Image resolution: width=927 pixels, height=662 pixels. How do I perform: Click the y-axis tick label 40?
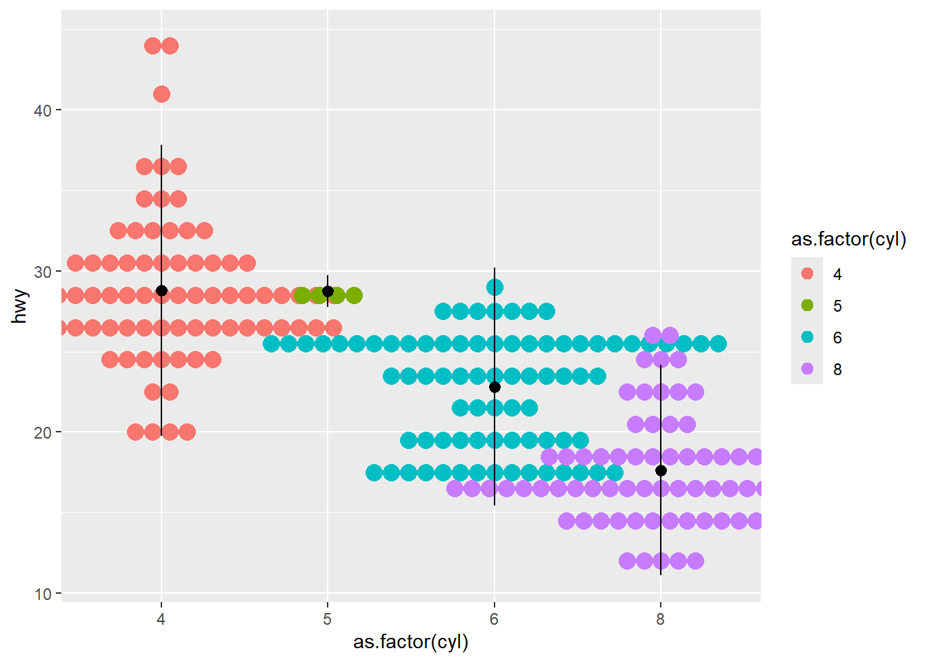(x=42, y=110)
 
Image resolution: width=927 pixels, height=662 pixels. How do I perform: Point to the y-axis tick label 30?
(x=42, y=272)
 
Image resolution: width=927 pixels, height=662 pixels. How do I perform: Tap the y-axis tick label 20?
(x=42, y=432)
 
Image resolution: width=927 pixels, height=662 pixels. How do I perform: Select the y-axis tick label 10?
(x=42, y=594)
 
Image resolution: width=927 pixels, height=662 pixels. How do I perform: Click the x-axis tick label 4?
(x=161, y=619)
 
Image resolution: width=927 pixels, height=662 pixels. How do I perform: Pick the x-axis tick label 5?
(x=328, y=619)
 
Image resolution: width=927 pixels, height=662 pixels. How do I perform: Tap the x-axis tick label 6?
(x=495, y=619)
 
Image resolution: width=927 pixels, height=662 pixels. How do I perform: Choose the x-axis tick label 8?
(x=661, y=619)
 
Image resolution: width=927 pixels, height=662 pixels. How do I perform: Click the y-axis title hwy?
(x=20, y=306)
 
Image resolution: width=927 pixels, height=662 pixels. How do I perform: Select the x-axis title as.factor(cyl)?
(x=411, y=642)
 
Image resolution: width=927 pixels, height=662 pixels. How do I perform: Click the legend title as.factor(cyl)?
(x=848, y=239)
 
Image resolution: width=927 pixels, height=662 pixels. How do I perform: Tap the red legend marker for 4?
(x=807, y=274)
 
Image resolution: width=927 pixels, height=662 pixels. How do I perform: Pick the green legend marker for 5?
(x=807, y=305)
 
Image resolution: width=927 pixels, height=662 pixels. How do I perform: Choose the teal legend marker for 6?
(x=807, y=337)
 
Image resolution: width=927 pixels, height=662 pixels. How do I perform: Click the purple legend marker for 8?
(x=807, y=369)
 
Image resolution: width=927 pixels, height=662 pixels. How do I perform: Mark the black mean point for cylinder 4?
(x=161, y=291)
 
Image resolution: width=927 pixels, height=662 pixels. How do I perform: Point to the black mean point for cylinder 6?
(x=495, y=388)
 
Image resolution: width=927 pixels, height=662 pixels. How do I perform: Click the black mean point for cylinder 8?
(x=661, y=471)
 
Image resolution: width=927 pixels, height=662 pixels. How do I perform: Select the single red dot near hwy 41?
(x=161, y=94)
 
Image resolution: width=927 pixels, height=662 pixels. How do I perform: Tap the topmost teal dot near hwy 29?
(x=495, y=287)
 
